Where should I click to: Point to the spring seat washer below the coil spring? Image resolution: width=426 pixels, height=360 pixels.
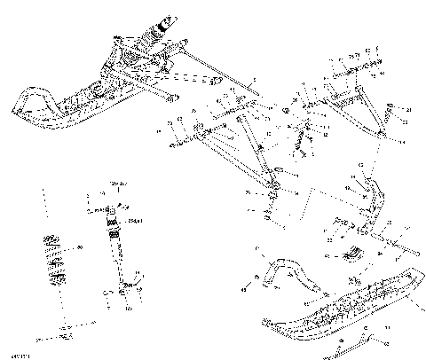tap(64, 332)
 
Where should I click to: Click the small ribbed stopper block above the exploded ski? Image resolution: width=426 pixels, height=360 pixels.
tap(351, 252)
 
